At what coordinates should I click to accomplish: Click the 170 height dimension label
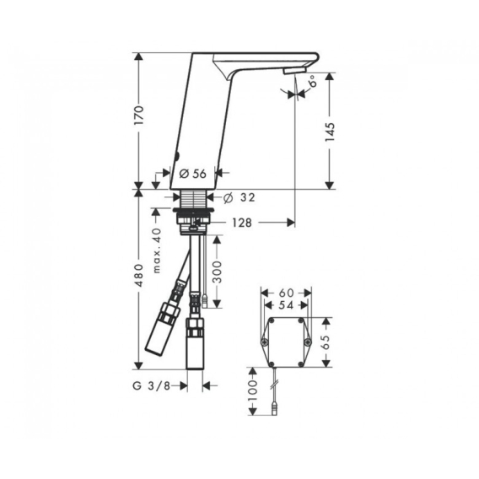click(x=139, y=115)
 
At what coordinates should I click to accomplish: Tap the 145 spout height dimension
click(x=330, y=132)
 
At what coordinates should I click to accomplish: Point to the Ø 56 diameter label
click(x=193, y=174)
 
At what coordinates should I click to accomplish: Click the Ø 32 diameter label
click(x=239, y=197)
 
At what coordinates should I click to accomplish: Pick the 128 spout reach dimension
click(x=242, y=223)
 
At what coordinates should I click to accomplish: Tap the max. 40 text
click(x=157, y=250)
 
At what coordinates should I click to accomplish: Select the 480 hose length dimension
click(x=139, y=275)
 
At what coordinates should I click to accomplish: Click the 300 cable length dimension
click(x=217, y=272)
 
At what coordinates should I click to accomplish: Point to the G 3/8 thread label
click(x=151, y=386)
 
